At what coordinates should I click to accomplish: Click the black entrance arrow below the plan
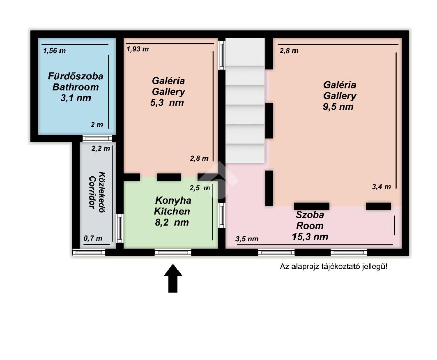(173, 278)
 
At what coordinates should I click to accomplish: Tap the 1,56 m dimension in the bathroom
(55, 51)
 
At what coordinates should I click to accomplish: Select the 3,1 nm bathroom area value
(76, 98)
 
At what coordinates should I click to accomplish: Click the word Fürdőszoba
(76, 76)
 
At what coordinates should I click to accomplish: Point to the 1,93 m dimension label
(138, 49)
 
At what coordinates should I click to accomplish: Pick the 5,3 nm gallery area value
(167, 103)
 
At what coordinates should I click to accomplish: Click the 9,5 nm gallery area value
(338, 106)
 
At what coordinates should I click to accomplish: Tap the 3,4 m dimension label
(381, 187)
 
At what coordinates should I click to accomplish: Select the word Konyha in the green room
(173, 201)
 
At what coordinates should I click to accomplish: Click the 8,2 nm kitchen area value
(172, 222)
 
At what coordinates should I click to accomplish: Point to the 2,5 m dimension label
(200, 188)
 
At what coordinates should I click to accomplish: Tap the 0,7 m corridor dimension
(93, 238)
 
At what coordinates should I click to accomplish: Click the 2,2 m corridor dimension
(101, 149)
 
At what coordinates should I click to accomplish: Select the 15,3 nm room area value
(310, 237)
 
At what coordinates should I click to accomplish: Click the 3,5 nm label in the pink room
(247, 239)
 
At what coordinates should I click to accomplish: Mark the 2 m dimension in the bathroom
(97, 125)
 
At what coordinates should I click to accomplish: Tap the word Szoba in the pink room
(310, 215)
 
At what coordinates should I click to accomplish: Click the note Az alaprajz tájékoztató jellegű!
(333, 267)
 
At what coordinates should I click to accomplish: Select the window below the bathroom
(97, 138)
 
